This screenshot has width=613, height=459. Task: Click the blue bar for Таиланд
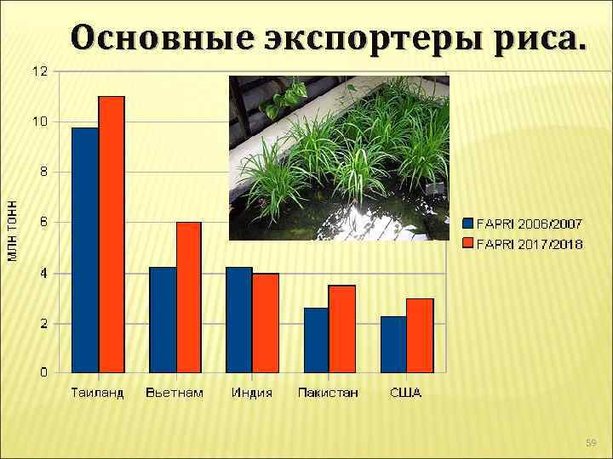(85, 250)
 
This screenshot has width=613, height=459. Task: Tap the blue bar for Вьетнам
(163, 320)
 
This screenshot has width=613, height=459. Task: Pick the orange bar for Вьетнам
(189, 297)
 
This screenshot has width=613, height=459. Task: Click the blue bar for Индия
(239, 320)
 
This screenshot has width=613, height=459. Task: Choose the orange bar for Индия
(266, 322)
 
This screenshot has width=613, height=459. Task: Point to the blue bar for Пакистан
(316, 340)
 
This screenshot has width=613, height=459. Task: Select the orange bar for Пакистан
(342, 329)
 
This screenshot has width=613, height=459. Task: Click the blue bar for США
(393, 344)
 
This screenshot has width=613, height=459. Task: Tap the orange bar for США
(420, 336)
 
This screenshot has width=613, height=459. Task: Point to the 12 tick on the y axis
(40, 71)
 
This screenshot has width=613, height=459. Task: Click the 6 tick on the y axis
(44, 222)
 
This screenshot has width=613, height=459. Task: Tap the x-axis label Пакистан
(328, 393)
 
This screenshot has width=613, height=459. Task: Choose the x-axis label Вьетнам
(175, 393)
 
